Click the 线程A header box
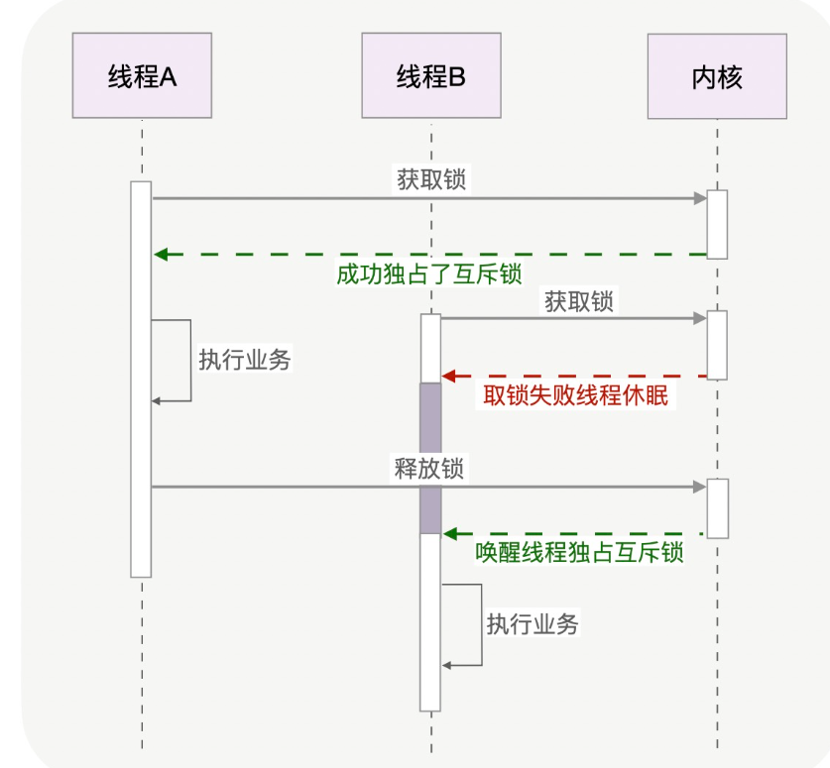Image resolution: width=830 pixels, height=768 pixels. point(142,76)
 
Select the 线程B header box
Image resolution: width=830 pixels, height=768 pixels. point(430,76)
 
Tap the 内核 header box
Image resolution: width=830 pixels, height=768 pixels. point(716,76)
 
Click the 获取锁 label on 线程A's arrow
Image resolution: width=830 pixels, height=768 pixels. point(430,179)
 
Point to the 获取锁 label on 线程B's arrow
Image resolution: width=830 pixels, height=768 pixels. point(578,301)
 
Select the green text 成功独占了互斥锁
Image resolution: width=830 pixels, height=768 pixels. point(428,274)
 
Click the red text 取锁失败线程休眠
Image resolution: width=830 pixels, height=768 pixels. point(575,396)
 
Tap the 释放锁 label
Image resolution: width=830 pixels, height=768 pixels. point(428,469)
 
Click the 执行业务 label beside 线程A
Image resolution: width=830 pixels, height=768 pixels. point(245,360)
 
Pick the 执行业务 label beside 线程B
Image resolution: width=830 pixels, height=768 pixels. point(533,623)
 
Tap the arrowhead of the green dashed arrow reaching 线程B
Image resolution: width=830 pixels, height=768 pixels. point(449,534)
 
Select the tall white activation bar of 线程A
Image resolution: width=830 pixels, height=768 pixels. point(141,379)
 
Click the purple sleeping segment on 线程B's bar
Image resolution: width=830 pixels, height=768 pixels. point(429,457)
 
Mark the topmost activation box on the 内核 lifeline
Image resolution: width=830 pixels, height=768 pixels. point(717,224)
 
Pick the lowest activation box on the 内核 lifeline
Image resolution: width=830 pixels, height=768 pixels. point(717,508)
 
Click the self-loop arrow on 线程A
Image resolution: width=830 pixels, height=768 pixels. point(188,361)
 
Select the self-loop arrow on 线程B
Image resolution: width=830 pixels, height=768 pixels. point(480,624)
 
